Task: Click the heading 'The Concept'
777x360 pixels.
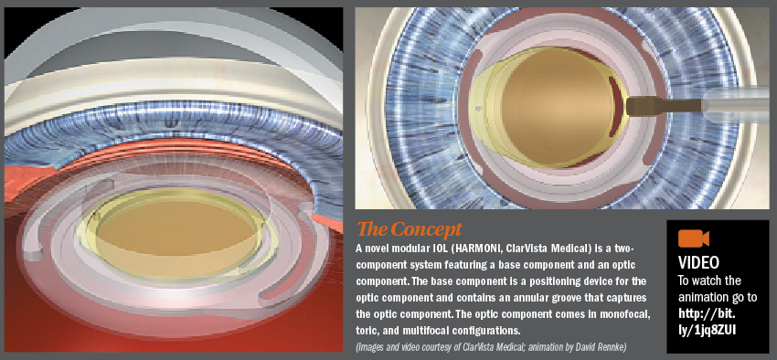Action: tap(410, 229)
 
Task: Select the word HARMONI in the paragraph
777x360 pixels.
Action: tap(491, 249)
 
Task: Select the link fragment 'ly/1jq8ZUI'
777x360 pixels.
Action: tap(715, 328)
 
